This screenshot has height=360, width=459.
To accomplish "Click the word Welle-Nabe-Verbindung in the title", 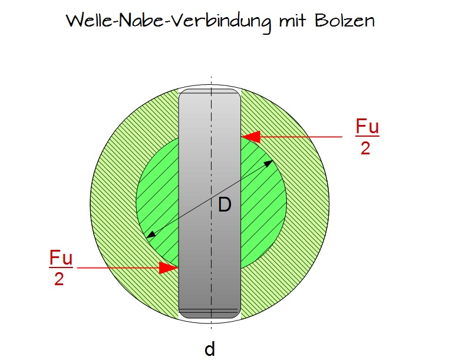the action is coord(169,21).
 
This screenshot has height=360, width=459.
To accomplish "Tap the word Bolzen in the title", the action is coord(345,21).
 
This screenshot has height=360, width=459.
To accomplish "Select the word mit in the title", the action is coord(293,21).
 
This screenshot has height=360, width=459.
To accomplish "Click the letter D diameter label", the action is coord(225,204).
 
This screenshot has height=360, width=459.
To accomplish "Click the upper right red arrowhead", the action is coord(251,137).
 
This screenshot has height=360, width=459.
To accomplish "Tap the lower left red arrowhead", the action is coord(169,268).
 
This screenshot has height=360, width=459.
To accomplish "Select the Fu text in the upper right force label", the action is coord(367,127).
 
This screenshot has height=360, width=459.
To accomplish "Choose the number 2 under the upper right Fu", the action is coord(365,148).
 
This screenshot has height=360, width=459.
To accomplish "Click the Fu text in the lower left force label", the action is coord(61,257).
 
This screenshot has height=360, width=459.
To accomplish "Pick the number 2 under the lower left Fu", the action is coord(59,279).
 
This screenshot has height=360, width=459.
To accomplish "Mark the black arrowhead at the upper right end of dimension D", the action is coord(269,163).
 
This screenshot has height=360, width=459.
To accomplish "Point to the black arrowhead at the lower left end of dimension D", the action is coord(151,235).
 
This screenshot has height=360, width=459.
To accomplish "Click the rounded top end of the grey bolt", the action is coord(210,92).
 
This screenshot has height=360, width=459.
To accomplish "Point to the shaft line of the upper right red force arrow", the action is coord(301,137).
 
